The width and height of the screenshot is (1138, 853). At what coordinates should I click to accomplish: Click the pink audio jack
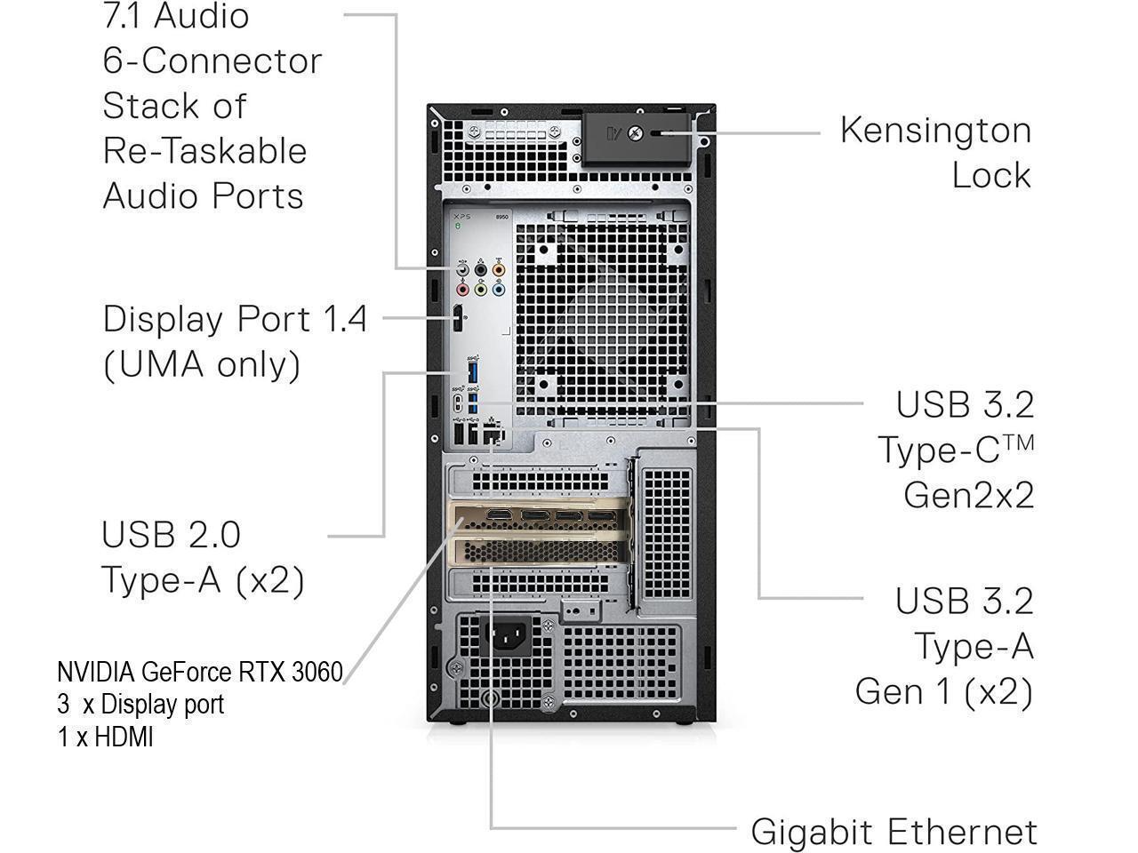point(462,289)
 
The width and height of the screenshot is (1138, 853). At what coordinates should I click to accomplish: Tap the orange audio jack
point(498,269)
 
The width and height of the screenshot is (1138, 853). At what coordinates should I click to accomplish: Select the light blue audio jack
point(498,289)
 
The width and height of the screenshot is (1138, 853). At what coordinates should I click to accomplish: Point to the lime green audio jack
point(480,289)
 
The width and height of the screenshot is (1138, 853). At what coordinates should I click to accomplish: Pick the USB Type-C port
point(457,403)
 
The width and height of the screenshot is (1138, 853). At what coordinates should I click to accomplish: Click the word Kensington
point(935,130)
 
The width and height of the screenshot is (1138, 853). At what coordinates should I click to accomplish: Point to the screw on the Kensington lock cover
point(635,133)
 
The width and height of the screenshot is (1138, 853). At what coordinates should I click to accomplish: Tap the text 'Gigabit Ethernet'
point(894,833)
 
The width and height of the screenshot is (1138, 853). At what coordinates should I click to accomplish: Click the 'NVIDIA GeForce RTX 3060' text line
point(200,672)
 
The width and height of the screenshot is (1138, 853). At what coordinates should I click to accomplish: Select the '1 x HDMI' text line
point(106,737)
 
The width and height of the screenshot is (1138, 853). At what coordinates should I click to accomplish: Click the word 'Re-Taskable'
point(204,150)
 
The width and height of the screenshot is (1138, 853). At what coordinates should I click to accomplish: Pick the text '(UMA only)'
point(202,364)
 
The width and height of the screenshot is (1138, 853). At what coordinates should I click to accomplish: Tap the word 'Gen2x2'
point(969,495)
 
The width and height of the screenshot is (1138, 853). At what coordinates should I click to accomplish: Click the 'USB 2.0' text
point(171,534)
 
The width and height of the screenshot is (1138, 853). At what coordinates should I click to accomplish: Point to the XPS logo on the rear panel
point(461,217)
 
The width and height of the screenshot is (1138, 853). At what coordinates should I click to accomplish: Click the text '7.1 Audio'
point(176,16)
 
